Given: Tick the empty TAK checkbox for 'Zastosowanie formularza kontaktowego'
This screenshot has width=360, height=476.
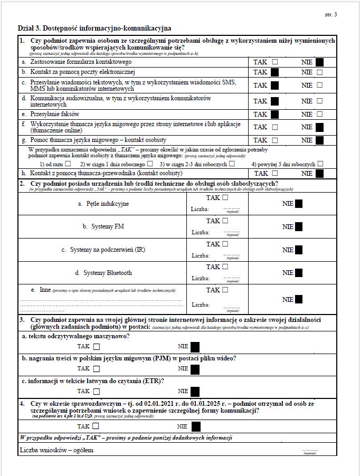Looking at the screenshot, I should coord(274,62).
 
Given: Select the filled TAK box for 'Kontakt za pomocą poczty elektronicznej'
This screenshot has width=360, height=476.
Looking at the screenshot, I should coord(274,72).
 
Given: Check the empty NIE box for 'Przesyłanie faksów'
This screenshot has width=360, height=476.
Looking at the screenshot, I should coord(319,114).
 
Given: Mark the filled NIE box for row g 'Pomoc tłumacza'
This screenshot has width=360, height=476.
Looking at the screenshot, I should coord(319,140).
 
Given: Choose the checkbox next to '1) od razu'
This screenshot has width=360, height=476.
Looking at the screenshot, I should coord(68,164).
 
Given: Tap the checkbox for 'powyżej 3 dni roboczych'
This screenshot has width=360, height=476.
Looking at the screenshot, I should coord(320,164).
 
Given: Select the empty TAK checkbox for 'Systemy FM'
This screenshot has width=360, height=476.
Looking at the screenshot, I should coord(225,221).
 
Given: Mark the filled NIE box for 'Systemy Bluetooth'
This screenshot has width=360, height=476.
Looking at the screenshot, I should coord(299,273).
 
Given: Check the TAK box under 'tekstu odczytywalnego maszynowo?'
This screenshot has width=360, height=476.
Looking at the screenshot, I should coord(96,347).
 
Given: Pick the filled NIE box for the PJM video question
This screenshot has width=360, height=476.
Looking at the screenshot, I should coord(195,369).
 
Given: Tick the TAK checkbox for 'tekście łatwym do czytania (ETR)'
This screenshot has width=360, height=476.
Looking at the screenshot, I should coord(96,391).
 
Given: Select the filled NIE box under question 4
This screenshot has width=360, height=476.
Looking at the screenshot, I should coord(195,426).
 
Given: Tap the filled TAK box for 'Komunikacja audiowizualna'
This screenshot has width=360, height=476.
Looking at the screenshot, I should coord(274,101).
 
